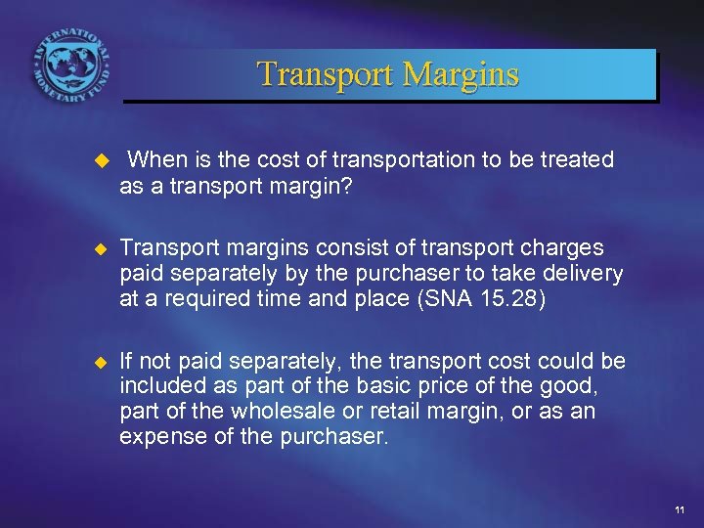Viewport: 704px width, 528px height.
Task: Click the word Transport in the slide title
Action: pos(322,74)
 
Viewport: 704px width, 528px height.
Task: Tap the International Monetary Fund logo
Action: pos(70,70)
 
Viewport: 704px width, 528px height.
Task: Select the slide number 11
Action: pos(680,509)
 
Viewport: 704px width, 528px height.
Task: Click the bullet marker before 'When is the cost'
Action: pos(97,160)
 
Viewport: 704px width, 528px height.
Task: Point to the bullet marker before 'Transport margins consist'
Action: pos(97,248)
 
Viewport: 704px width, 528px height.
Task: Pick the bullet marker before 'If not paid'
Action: pos(97,363)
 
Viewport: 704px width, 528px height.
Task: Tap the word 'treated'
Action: pos(578,159)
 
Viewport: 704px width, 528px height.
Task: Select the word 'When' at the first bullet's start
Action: pos(153,159)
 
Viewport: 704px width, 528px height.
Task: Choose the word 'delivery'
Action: pos(583,274)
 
